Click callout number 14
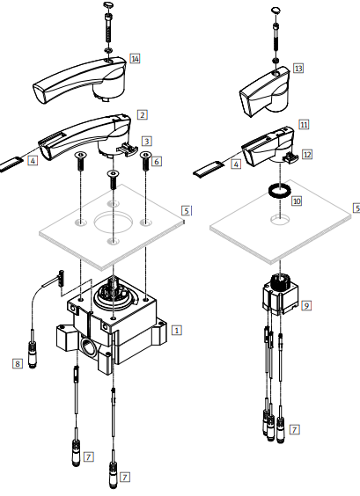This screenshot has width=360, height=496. point(135,59)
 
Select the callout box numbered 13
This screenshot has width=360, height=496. point(298,68)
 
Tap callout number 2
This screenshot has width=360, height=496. point(143,115)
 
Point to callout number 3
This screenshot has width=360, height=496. point(147,141)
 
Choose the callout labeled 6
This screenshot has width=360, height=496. point(157,161)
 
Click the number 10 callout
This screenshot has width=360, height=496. point(297,201)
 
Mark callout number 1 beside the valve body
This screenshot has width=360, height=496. point(177,331)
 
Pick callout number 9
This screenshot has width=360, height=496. point(306,305)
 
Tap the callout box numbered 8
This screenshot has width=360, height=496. point(18,363)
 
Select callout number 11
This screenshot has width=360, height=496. point(304,124)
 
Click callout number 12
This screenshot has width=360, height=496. point(307,155)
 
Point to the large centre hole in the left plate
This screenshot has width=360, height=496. point(113,222)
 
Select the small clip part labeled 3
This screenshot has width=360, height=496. point(128,149)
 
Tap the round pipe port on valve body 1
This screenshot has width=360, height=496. point(89,346)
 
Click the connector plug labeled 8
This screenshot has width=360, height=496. point(33,353)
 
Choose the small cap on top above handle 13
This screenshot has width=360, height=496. point(276,11)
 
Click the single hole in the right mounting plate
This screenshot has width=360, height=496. point(280,219)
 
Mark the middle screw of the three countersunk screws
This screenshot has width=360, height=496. point(113,179)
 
